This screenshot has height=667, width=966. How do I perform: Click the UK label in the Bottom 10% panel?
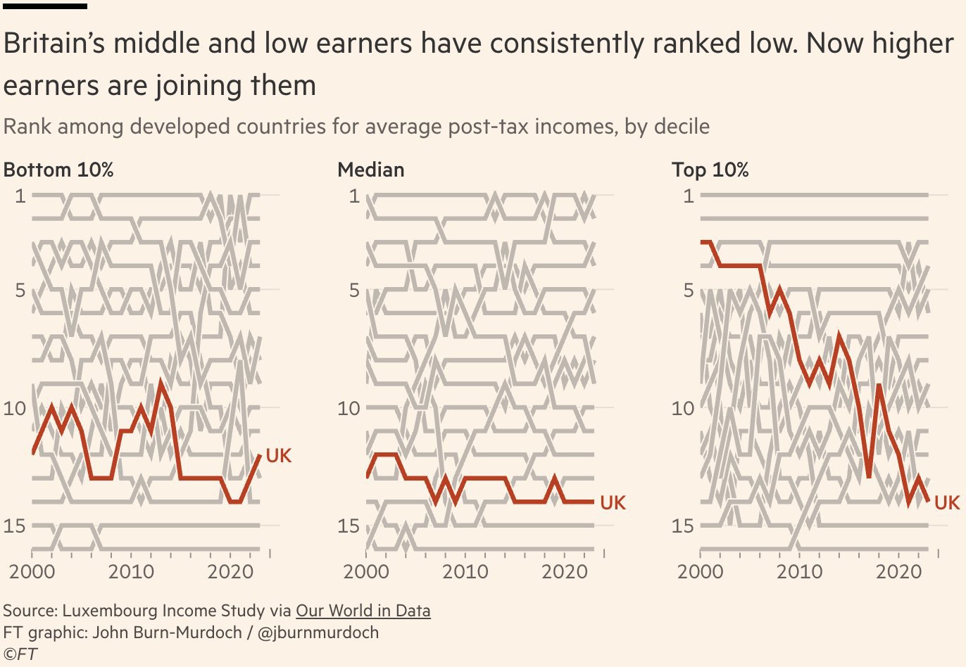[x=278, y=456]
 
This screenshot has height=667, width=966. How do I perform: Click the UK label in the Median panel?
[x=613, y=503]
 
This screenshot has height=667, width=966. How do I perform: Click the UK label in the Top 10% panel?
[x=946, y=503]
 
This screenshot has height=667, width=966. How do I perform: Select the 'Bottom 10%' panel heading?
[x=58, y=170]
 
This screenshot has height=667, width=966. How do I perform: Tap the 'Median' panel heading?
[x=371, y=170]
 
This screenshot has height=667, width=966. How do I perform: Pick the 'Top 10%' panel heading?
[x=710, y=170]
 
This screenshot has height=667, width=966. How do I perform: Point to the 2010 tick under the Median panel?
[x=465, y=571]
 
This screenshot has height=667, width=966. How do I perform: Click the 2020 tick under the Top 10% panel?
[x=898, y=571]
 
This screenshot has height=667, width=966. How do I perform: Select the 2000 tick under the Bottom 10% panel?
[x=32, y=571]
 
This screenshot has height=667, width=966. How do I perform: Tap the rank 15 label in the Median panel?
[x=348, y=526]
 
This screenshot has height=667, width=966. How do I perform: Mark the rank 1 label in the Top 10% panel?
[x=689, y=196]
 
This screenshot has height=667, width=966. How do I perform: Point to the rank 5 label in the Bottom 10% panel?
[x=20, y=290]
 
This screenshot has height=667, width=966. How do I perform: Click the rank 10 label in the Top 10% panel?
[x=682, y=408]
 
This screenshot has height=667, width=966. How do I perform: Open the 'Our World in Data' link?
[x=363, y=611]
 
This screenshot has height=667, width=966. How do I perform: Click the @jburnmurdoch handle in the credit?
[x=318, y=633]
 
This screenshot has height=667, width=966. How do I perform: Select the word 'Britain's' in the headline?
[x=53, y=44]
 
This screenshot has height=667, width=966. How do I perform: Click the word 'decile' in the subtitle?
[x=681, y=127]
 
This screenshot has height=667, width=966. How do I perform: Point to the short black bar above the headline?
[x=45, y=6]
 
